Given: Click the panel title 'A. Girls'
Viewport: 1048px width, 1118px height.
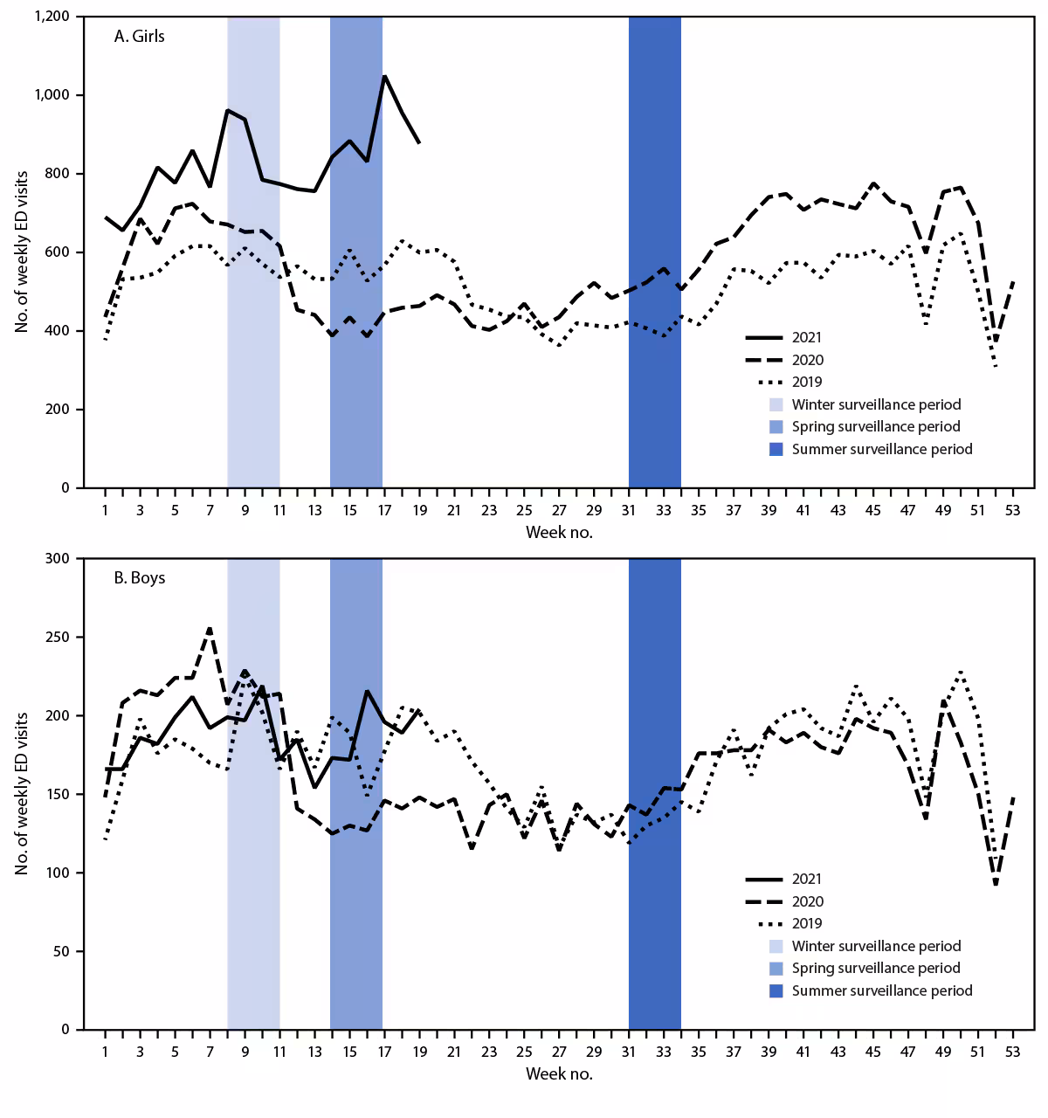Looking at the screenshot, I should (139, 36).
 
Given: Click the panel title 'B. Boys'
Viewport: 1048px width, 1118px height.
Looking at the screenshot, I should (139, 577).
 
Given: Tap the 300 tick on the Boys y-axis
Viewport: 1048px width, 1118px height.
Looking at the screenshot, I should (59, 558).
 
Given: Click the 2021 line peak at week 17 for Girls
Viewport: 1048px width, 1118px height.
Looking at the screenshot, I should (384, 76).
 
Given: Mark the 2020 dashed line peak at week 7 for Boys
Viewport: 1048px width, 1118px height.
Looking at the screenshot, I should (210, 628).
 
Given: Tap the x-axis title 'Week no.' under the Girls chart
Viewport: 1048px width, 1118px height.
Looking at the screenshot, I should (559, 532).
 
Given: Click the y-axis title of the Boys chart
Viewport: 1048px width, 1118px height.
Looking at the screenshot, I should (22, 793).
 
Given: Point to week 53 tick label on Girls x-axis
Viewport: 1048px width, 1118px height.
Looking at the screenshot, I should (1013, 510).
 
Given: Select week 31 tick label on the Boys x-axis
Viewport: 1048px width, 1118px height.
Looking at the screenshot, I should (629, 1052).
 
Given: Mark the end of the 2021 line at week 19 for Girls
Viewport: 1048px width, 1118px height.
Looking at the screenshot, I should (419, 142).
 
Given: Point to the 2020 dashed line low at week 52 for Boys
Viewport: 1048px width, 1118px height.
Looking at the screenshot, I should (996, 884).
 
